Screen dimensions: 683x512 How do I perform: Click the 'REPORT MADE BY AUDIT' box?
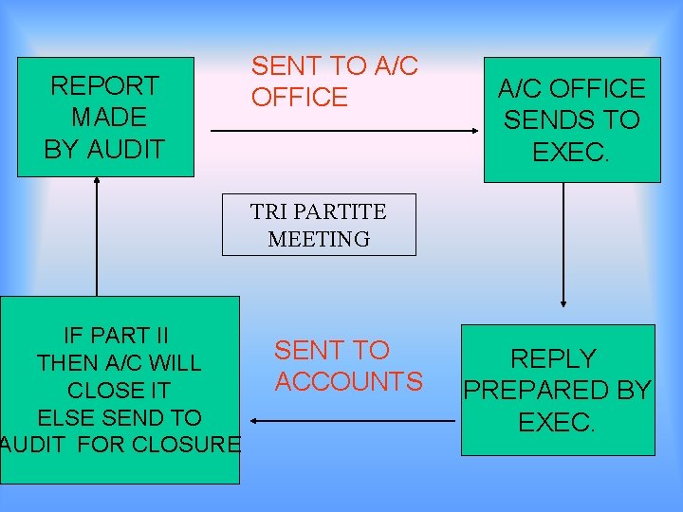105,117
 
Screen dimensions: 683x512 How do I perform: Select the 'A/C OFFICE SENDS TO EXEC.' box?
571,119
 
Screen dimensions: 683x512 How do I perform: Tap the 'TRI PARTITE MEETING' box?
319,225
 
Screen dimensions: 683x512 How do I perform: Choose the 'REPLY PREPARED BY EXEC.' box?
558,390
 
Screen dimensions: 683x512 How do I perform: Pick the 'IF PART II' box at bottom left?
120,390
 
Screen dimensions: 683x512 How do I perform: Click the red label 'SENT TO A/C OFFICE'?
334,82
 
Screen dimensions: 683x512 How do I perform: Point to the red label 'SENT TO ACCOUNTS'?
348,366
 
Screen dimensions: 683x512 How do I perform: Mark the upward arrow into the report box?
97,237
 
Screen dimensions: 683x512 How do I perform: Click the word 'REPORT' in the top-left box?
104,86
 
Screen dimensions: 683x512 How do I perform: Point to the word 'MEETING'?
319,239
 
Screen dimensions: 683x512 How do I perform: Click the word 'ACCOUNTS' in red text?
348,382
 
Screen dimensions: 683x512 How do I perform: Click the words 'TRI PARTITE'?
319,210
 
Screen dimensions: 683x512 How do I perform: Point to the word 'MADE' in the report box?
109,118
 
